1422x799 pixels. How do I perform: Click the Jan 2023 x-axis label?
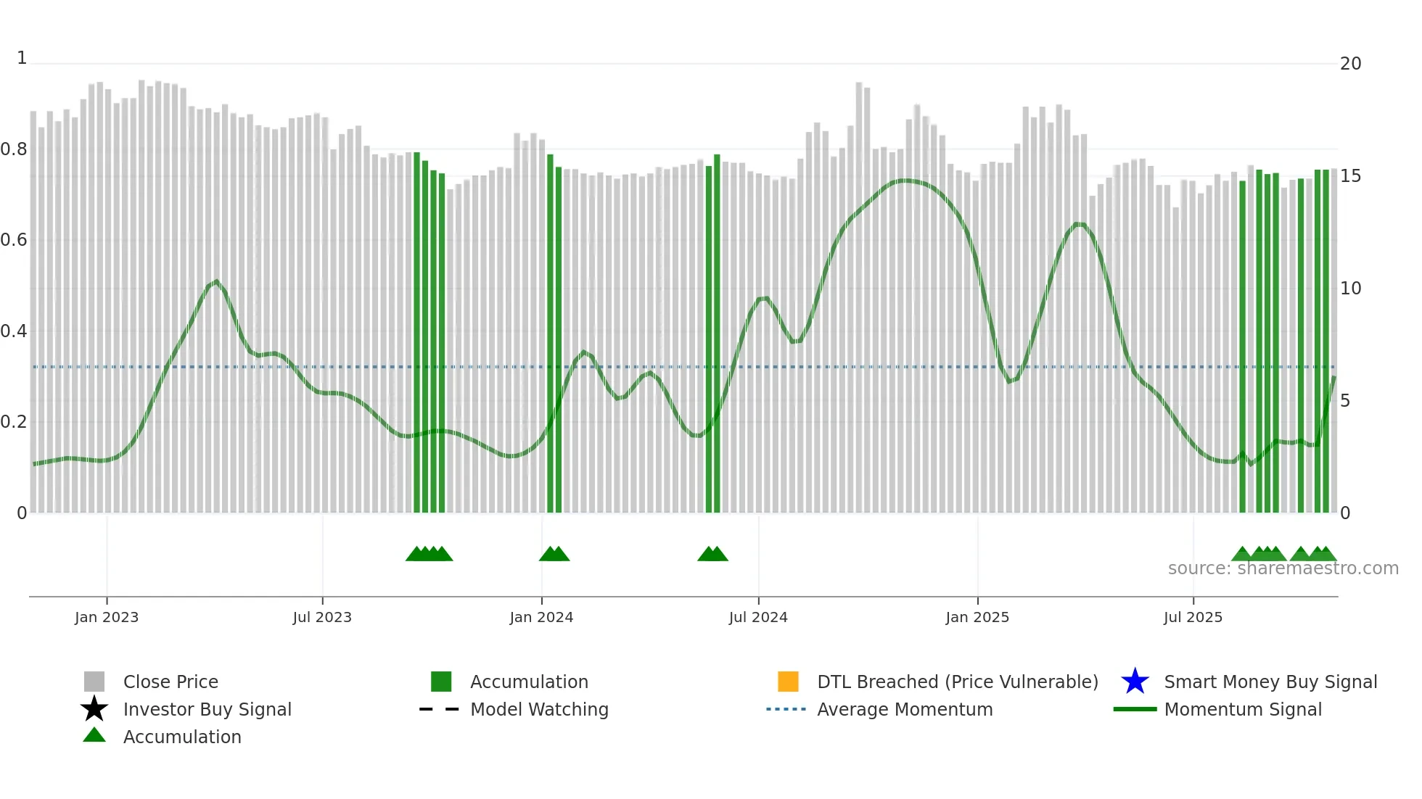point(106,617)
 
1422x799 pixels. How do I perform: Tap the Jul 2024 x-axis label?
point(757,617)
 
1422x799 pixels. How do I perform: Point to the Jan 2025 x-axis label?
point(977,617)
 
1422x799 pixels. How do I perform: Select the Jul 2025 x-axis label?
point(1192,617)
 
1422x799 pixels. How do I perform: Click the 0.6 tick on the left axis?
point(14,240)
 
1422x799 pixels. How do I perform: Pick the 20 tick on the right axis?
point(1349,64)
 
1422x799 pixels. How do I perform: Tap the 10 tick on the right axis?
point(1349,289)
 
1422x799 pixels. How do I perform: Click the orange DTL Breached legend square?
point(787,682)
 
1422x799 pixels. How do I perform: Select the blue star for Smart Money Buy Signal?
point(1134,682)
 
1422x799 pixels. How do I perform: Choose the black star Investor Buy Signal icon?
point(94,709)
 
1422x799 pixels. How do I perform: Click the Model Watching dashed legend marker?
point(439,709)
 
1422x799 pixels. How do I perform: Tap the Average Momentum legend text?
point(904,709)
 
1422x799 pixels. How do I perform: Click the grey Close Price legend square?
point(94,682)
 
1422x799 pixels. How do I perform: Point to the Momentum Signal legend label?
point(1242,709)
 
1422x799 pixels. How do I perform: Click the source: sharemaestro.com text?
point(1283,568)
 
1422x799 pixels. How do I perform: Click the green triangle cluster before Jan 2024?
point(429,554)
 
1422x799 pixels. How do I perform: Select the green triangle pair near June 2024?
point(712,554)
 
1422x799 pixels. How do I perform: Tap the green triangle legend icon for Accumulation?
point(94,735)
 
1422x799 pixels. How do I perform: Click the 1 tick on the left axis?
point(22,58)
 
